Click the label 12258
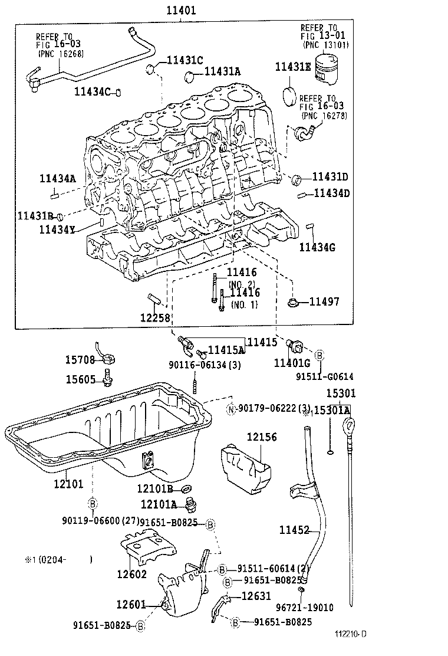(x=155, y=317)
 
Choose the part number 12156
(x=262, y=437)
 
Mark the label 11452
(x=294, y=530)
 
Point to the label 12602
(x=131, y=574)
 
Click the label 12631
(x=256, y=596)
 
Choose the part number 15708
(x=80, y=359)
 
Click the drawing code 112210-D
(x=351, y=634)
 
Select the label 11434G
(x=317, y=247)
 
